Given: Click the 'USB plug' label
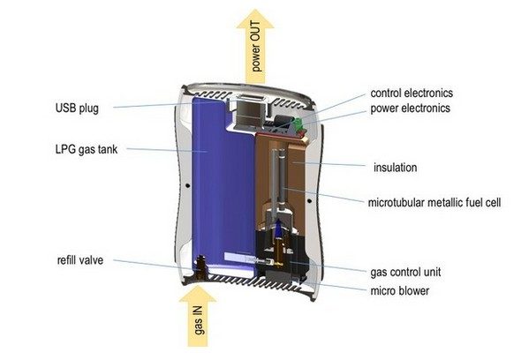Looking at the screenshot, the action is tap(77, 109).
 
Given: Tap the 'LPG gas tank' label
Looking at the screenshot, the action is tap(87, 149).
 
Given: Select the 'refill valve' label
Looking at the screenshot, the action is tap(80, 260).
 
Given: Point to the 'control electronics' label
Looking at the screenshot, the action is tap(412, 93).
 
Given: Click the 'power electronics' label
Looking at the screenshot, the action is tap(411, 109).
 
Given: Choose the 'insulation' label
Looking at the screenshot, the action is tap(395, 168).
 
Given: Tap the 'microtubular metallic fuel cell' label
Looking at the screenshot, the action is tap(435, 203).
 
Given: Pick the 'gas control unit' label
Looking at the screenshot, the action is tap(405, 272).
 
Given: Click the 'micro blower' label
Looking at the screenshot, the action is tap(400, 290).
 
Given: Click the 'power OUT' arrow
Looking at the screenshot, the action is tap(255, 47).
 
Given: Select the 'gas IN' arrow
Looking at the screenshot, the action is tap(198, 316).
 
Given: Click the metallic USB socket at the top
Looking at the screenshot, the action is tap(249, 112).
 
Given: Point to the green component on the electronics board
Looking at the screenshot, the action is tap(299, 125).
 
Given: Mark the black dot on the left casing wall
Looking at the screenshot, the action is tap(187, 185).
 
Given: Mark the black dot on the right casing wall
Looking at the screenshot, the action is tap(309, 201).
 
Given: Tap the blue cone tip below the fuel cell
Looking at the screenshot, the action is tap(278, 227).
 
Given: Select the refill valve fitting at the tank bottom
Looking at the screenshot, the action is tap(201, 267).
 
